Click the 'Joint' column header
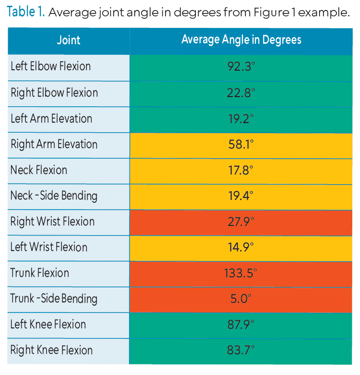click(x=68, y=40)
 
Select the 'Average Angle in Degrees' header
click(x=241, y=40)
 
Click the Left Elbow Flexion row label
click(x=51, y=66)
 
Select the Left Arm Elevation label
click(x=51, y=118)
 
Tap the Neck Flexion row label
click(x=39, y=170)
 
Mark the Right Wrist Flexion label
click(x=52, y=222)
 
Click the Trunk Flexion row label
click(x=40, y=273)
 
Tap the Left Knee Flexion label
click(x=48, y=325)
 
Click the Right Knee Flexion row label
click(x=51, y=350)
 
